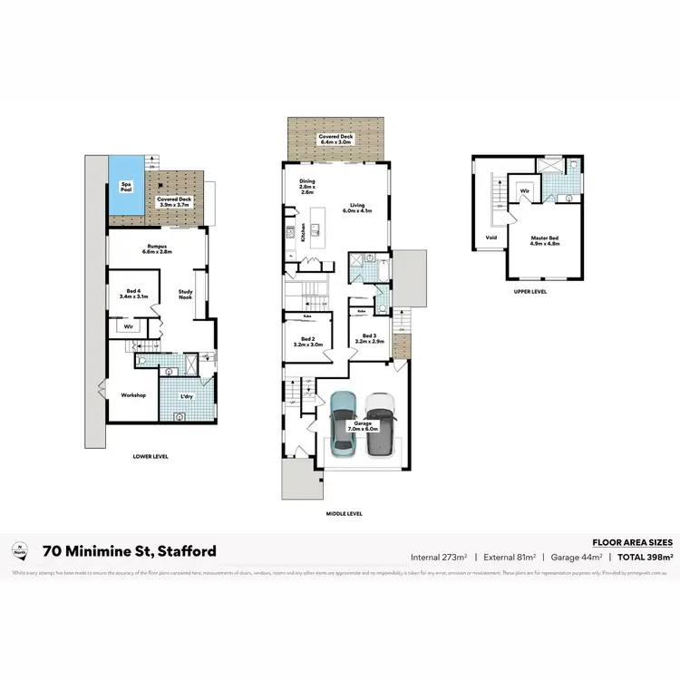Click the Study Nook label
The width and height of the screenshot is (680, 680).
point(185,296)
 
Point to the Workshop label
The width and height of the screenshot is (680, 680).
point(134,395)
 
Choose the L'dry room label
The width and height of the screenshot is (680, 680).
point(187,398)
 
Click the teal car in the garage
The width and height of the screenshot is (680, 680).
point(344,422)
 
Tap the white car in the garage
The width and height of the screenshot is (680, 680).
point(380,423)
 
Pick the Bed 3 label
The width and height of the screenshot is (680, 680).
point(373,339)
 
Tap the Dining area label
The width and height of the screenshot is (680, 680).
point(306,186)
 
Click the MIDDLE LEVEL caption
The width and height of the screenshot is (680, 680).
point(344,514)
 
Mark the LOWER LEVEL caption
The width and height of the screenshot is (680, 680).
point(150,456)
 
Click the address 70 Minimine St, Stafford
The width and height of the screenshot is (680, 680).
point(129,551)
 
